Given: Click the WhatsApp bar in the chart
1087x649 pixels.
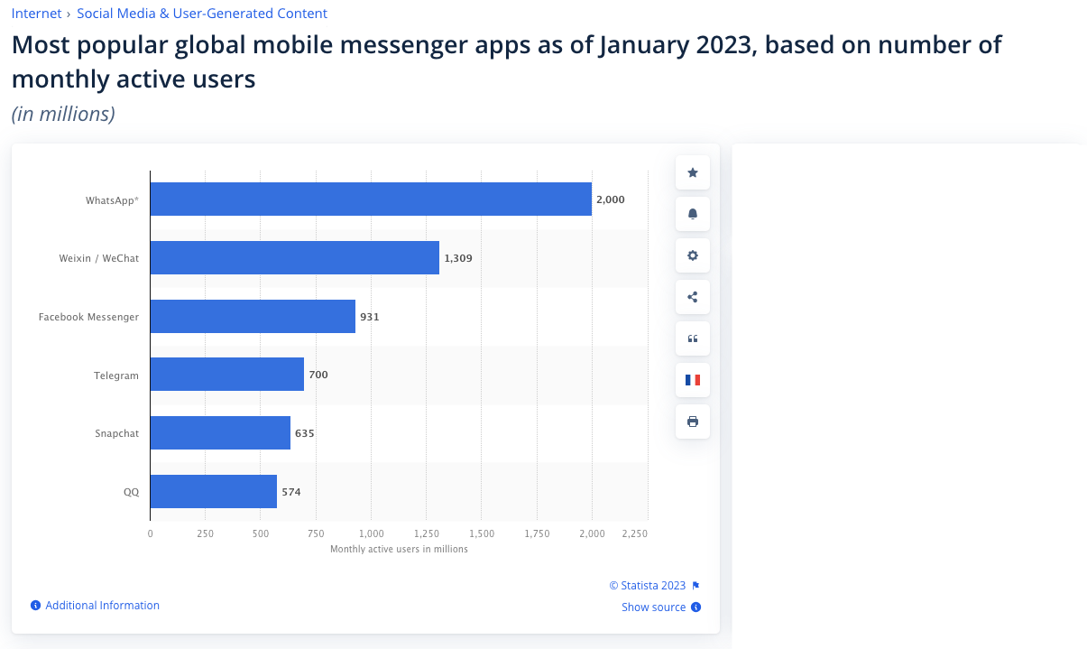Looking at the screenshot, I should click(x=371, y=199).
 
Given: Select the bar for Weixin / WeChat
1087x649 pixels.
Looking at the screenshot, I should click(x=294, y=257).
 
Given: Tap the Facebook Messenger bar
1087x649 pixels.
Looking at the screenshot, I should click(x=253, y=316).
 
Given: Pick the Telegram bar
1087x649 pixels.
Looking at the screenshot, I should click(x=226, y=374).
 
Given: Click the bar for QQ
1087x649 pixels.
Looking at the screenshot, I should click(x=213, y=491).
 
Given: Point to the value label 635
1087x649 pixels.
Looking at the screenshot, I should click(x=305, y=433).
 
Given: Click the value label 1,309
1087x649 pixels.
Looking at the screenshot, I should click(x=457, y=258).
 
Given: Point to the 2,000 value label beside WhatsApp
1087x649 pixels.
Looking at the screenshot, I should click(x=610, y=199).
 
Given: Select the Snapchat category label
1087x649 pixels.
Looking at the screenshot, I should click(x=116, y=433).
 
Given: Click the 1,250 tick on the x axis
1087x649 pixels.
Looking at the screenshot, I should click(x=426, y=533).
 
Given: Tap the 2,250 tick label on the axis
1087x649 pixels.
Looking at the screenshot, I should click(x=634, y=533).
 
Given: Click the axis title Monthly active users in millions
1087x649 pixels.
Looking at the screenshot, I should click(x=399, y=549).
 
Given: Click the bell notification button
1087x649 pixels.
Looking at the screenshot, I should click(x=693, y=214).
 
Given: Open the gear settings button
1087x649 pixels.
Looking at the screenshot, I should click(x=693, y=255).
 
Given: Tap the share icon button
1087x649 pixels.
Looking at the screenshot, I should click(x=693, y=297).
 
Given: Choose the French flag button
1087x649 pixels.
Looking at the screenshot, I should click(x=693, y=380).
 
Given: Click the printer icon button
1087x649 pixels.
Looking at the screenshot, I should click(x=693, y=422).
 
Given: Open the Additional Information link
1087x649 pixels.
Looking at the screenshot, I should click(x=102, y=606).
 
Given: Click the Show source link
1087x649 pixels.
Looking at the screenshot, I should click(x=653, y=607).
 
